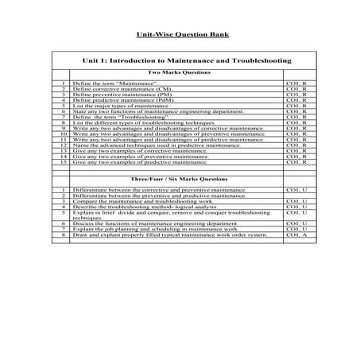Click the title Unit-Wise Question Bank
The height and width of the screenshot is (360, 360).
(179, 36)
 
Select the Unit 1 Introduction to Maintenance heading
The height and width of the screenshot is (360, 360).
(186, 60)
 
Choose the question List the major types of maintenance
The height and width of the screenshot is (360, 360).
(120, 106)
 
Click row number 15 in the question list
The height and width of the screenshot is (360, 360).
(62, 163)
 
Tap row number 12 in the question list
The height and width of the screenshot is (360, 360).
(62, 145)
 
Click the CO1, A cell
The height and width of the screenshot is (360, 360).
(296, 236)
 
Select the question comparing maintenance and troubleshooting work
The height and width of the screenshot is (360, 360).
(150, 202)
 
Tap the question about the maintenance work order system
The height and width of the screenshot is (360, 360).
(170, 236)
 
